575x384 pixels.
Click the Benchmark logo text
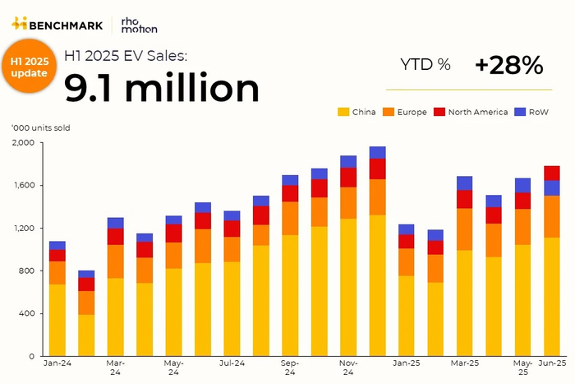(66, 23)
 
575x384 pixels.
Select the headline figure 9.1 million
(162, 86)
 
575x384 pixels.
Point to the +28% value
(508, 65)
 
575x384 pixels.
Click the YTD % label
(425, 65)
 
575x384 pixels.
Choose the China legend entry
(358, 112)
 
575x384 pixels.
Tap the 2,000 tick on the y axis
(22, 143)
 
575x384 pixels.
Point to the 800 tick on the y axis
(25, 271)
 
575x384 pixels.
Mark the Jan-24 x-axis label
(57, 363)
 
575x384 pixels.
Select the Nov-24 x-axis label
(348, 368)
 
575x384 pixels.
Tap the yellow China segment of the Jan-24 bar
(57, 321)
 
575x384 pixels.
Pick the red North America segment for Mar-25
(464, 199)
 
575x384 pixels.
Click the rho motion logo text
(133, 24)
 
